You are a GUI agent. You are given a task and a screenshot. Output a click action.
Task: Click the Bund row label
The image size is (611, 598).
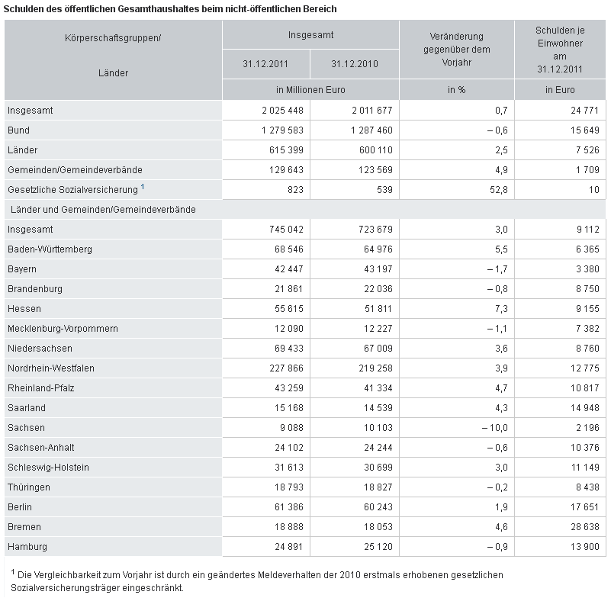19,130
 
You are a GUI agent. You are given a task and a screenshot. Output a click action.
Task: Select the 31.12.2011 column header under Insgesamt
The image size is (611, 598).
265,64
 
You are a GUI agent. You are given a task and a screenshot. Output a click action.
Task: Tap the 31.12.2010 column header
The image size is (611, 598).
355,64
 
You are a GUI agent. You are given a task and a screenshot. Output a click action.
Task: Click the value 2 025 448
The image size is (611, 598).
282,111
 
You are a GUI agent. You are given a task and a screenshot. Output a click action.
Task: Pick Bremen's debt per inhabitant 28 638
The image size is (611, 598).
585,527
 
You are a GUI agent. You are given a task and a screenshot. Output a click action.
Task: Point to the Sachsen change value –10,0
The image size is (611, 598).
495,428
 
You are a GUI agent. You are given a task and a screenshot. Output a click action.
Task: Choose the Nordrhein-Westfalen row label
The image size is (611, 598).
51,368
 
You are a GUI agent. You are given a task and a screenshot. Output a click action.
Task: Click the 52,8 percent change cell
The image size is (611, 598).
498,190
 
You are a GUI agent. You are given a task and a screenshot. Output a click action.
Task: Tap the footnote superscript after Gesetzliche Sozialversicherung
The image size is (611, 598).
143,187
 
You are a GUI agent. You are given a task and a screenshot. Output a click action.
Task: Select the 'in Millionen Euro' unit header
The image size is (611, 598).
310,90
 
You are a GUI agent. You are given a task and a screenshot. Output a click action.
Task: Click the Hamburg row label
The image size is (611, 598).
27,547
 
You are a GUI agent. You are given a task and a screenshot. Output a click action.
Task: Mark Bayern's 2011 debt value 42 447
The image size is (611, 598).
289,269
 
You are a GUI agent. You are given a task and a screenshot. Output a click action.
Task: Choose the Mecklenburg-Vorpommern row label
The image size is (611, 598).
63,329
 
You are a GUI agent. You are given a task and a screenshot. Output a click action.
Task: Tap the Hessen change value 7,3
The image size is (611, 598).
501,309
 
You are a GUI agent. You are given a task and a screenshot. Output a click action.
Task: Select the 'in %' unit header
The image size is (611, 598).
457,90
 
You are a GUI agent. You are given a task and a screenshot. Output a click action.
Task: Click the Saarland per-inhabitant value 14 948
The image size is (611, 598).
585,408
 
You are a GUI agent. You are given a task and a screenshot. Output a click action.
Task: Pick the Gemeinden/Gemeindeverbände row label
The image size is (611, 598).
75,170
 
